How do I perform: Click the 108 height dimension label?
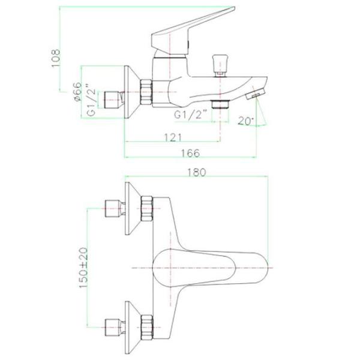click(x=56, y=58)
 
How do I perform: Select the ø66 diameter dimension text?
click(x=78, y=92)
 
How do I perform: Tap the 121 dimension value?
click(x=173, y=137)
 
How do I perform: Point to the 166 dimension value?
click(x=190, y=153)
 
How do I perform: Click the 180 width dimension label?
click(x=197, y=172)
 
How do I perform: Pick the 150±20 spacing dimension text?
click(x=84, y=268)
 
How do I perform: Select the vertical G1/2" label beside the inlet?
click(x=92, y=100)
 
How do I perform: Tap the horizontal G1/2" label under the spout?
click(x=191, y=114)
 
